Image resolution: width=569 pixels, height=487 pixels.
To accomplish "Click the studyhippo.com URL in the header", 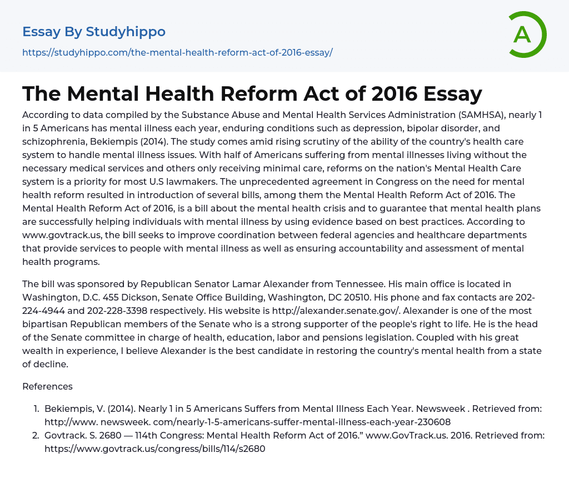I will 177,52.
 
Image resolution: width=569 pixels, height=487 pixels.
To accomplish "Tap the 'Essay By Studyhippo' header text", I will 94,32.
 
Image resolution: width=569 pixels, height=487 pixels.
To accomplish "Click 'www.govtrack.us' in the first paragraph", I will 57,235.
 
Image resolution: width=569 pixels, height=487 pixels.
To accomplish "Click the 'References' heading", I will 47,386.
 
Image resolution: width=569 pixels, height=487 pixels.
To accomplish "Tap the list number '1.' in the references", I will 36,409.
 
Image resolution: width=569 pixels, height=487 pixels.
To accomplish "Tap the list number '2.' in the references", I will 36,435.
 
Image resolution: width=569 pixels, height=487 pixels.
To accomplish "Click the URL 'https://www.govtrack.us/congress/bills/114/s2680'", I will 155,449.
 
